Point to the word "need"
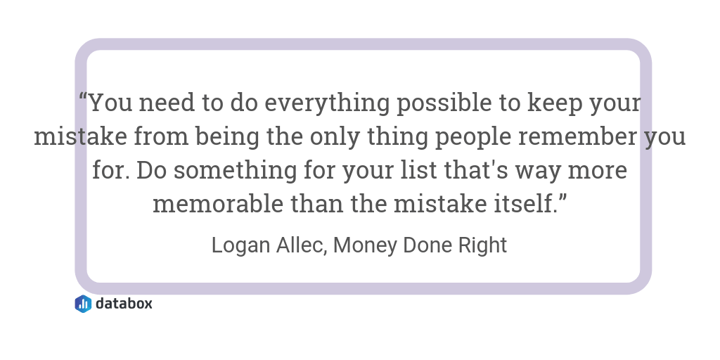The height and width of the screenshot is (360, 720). click(x=167, y=103)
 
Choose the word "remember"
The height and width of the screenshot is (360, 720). click(x=578, y=136)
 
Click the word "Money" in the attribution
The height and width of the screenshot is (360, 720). click(x=365, y=245)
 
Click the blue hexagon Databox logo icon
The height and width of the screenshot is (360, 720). click(x=83, y=304)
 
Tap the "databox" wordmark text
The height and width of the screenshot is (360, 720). click(x=124, y=304)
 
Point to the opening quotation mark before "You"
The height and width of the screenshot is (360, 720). click(x=83, y=96)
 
